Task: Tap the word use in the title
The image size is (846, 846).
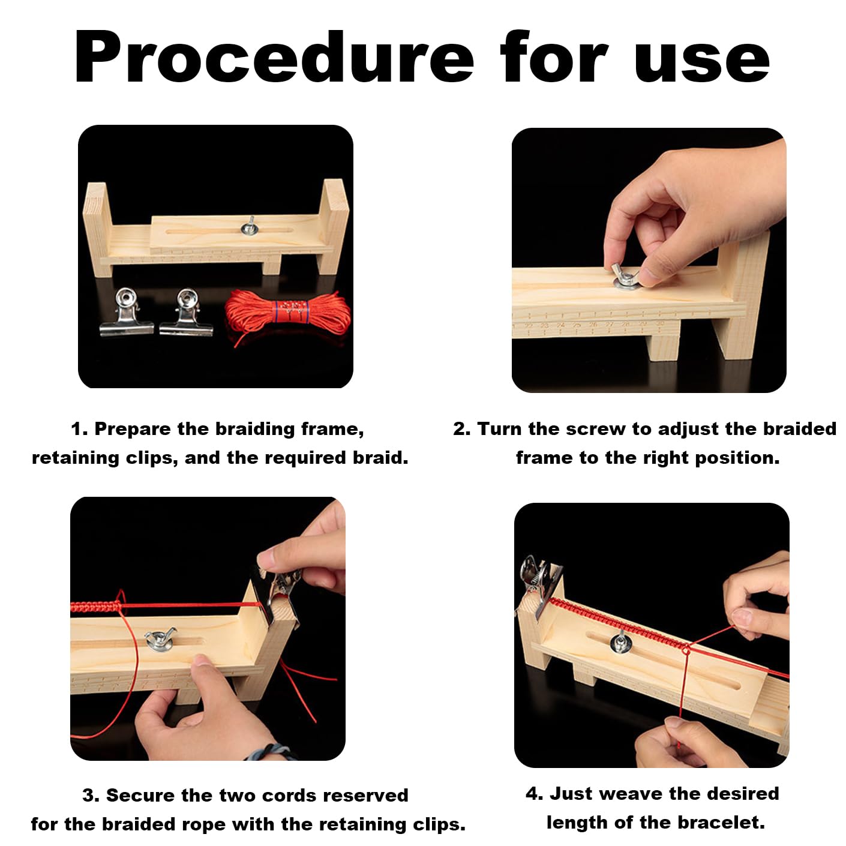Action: pyautogui.click(x=701, y=61)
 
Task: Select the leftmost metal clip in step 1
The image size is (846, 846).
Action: pyautogui.click(x=127, y=312)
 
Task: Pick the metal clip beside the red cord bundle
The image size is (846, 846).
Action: pyautogui.click(x=187, y=312)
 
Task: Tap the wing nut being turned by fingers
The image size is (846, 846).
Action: pyautogui.click(x=626, y=276)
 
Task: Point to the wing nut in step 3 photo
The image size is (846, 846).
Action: pyautogui.click(x=160, y=639)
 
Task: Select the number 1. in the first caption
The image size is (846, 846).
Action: pyautogui.click(x=79, y=429)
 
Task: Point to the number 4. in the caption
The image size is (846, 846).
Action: pyautogui.click(x=534, y=794)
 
